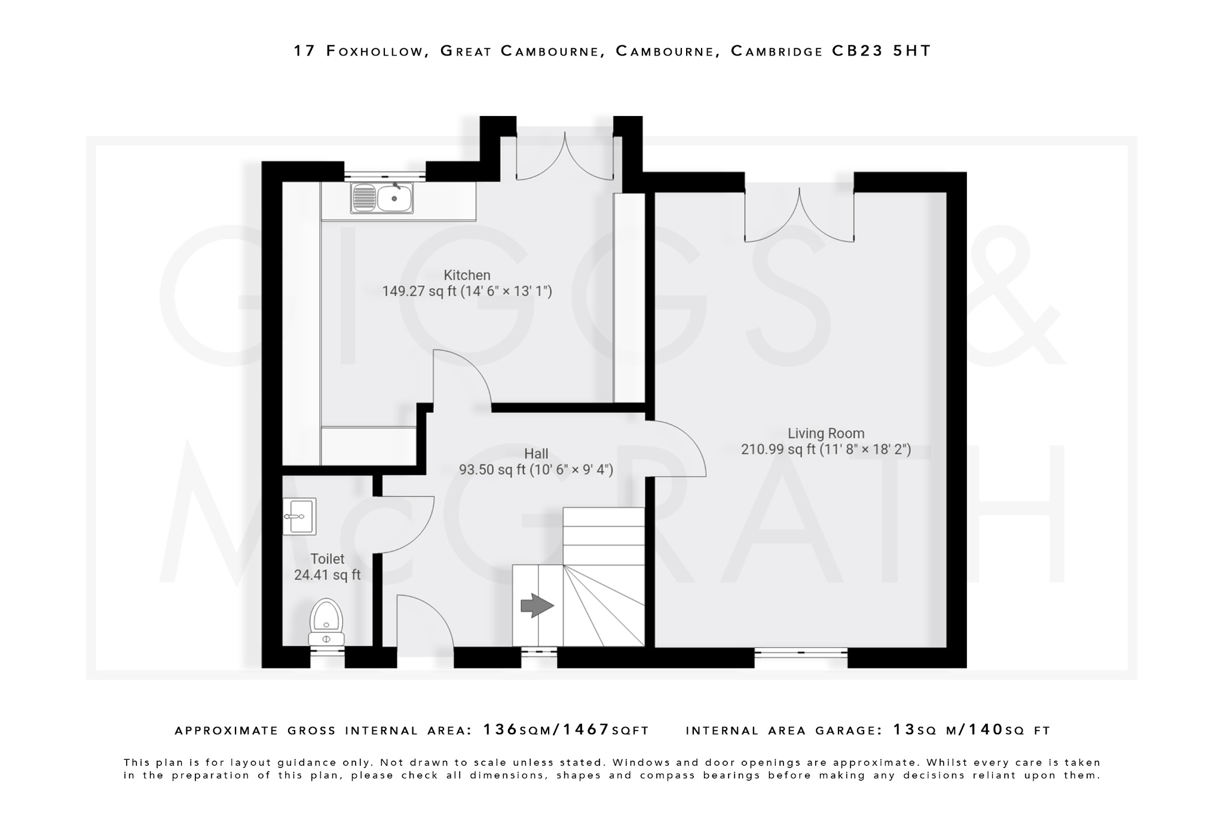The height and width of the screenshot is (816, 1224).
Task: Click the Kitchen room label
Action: (x=467, y=275)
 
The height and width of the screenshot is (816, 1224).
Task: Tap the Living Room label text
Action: (x=825, y=433)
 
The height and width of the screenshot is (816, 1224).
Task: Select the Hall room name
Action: (x=535, y=454)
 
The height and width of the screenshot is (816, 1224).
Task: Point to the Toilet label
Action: (x=327, y=559)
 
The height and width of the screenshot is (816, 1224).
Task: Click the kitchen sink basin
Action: (x=394, y=198)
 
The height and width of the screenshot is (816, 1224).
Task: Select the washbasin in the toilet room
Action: (x=299, y=516)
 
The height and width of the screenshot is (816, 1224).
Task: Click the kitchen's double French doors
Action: (x=565, y=158)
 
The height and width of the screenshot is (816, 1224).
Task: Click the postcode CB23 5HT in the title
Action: (x=881, y=51)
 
